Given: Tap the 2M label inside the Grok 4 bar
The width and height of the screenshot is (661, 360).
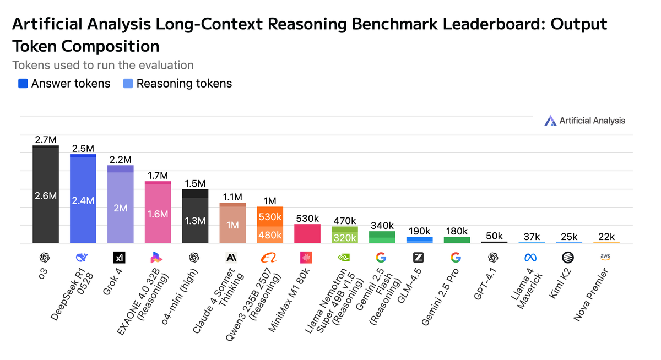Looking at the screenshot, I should (x=121, y=208).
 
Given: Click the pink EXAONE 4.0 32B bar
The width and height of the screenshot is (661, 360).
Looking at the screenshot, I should (x=158, y=214).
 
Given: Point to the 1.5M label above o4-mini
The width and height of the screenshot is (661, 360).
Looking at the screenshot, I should (x=195, y=183).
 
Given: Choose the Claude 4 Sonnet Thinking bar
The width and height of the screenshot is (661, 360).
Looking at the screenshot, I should (x=232, y=225).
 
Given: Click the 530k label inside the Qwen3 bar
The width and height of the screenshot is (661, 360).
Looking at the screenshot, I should (x=270, y=216).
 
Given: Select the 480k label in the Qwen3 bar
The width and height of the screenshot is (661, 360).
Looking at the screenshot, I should (x=270, y=234).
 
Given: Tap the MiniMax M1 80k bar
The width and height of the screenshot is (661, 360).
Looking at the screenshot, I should (x=307, y=234).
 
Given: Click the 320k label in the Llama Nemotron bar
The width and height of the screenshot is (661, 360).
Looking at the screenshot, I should (x=345, y=237).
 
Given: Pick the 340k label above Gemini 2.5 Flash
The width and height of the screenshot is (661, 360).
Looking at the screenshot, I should (x=382, y=225).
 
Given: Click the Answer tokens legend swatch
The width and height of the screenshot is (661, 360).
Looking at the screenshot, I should (x=23, y=84).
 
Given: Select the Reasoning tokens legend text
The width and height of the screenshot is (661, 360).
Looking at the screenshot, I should (x=184, y=84).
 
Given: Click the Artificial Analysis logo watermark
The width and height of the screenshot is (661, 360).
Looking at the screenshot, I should (x=584, y=121).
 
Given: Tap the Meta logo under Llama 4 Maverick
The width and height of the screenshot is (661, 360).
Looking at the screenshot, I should (x=532, y=257).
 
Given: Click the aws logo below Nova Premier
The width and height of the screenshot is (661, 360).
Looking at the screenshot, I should (x=606, y=257).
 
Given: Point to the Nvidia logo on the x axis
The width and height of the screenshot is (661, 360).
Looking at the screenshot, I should (x=345, y=257).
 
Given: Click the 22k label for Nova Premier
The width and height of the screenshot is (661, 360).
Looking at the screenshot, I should (x=606, y=237).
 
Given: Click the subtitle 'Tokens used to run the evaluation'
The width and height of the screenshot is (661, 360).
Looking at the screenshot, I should (x=103, y=65).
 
